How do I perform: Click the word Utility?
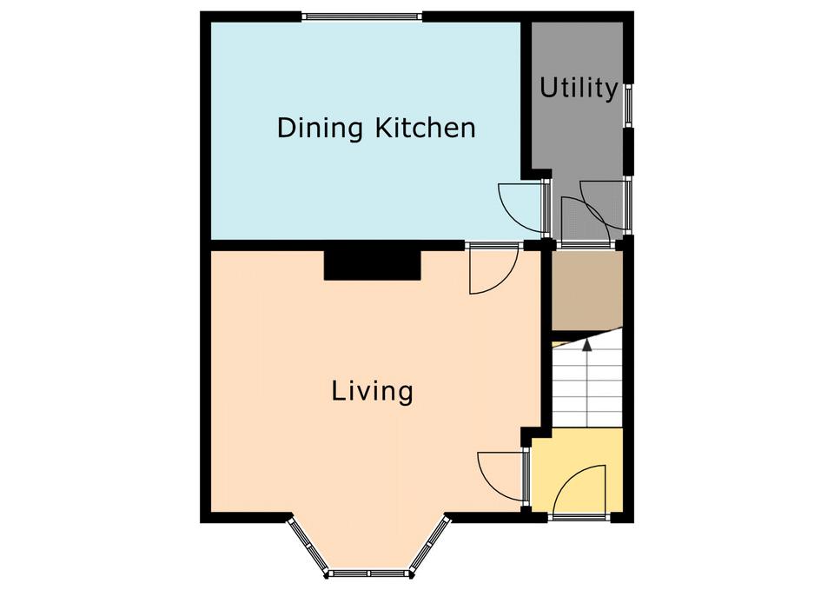579,89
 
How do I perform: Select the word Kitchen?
426,129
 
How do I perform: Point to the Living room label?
373,391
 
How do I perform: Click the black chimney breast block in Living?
373,264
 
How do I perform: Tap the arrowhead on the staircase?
587,345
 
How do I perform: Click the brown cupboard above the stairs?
587,290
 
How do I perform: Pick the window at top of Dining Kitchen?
362,17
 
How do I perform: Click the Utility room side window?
628,105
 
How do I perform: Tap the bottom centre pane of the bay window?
370,573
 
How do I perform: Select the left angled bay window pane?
308,547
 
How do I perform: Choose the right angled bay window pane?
431,545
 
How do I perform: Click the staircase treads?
587,383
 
